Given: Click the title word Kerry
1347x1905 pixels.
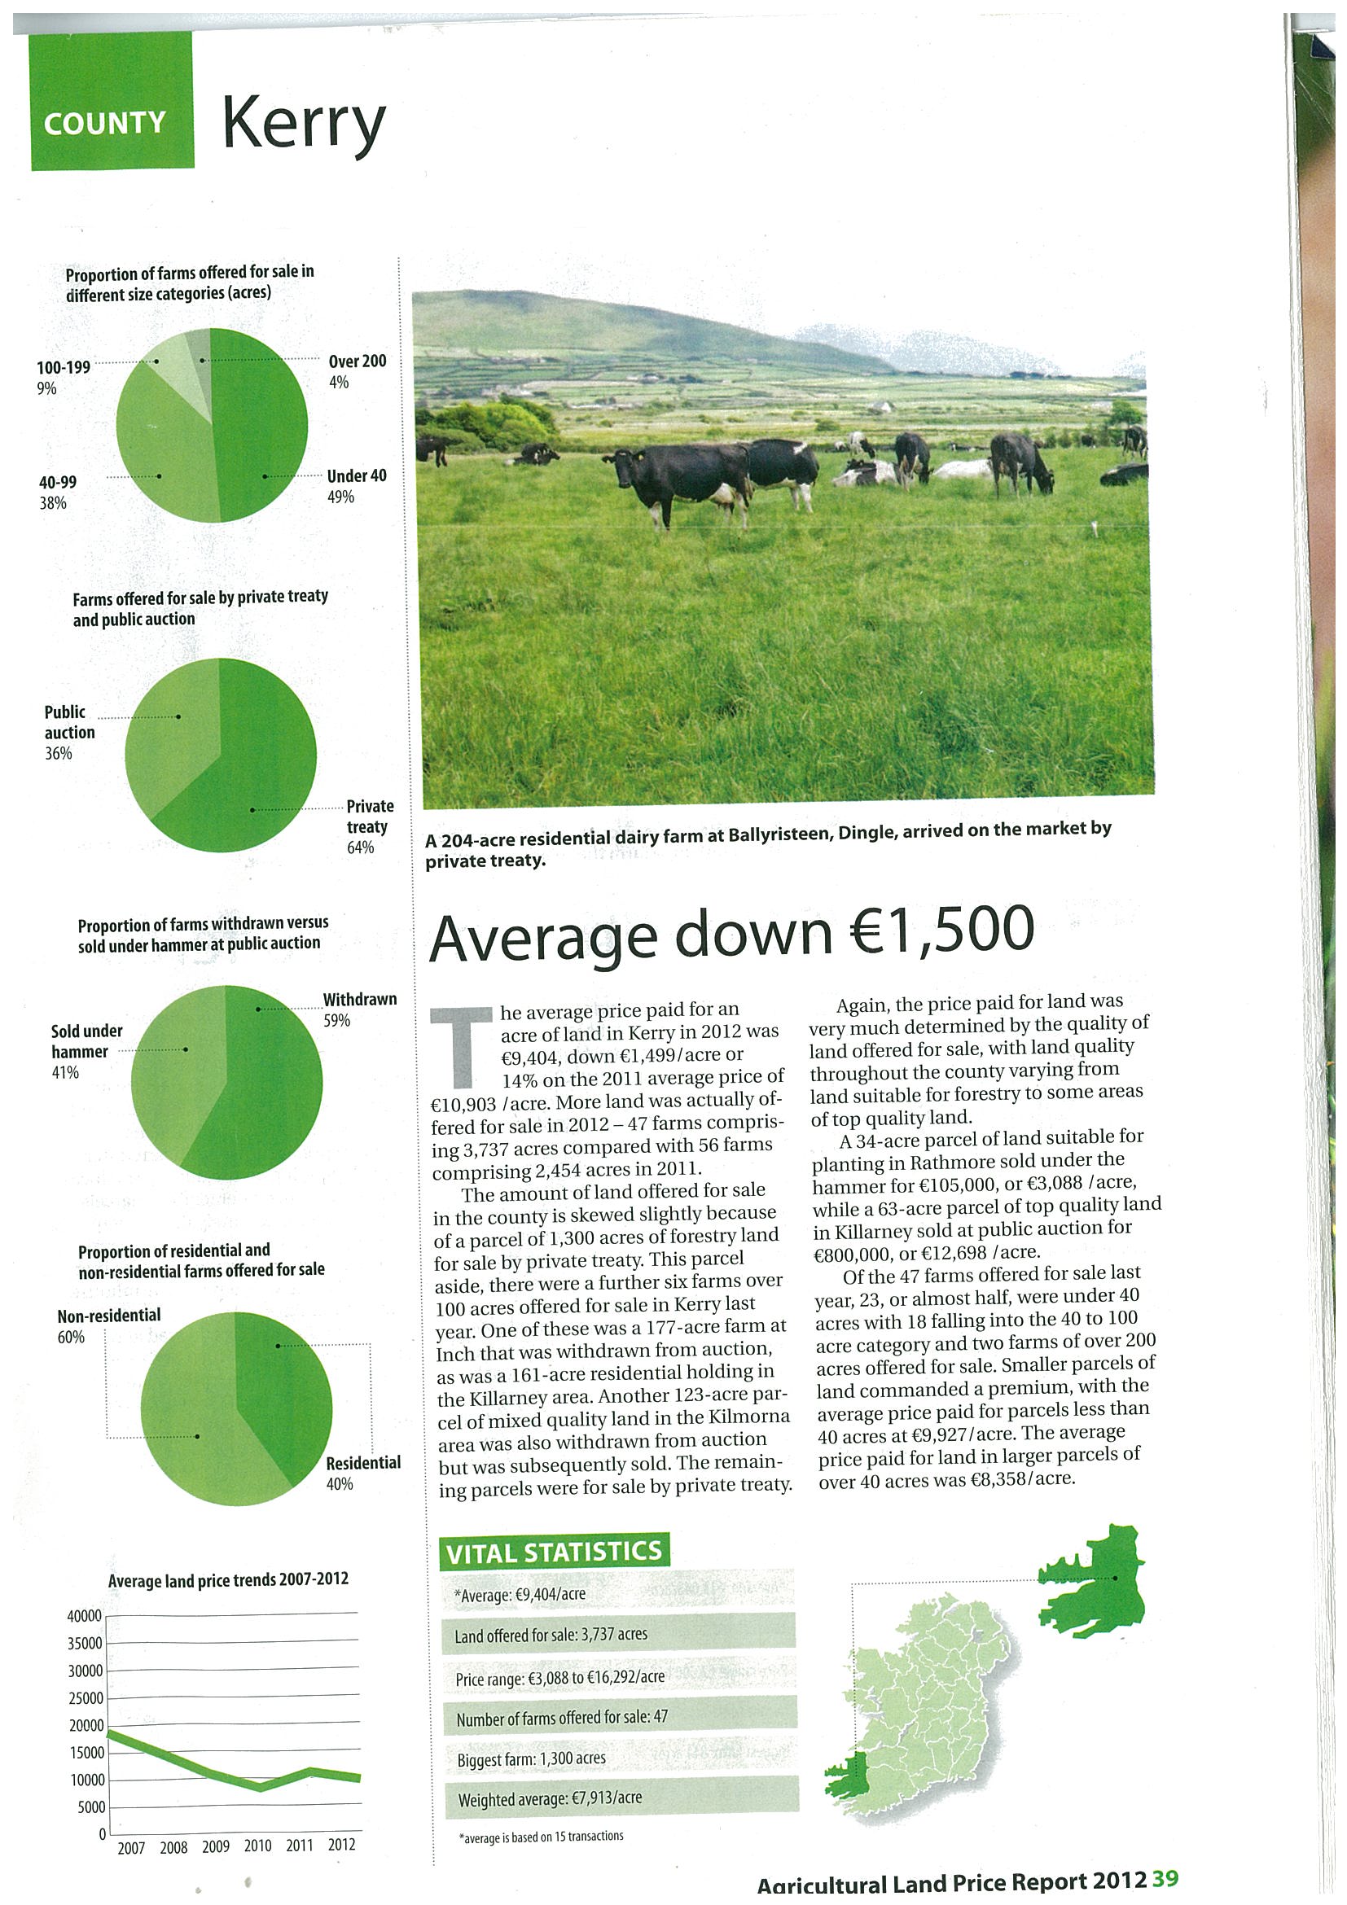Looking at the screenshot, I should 304,125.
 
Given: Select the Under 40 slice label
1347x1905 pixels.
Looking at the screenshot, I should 356,485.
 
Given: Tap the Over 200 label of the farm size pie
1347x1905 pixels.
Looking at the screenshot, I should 357,370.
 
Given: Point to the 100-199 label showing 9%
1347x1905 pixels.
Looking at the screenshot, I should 63,377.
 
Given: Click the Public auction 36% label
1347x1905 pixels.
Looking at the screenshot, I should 69,732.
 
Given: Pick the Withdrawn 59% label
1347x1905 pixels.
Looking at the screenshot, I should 359,1008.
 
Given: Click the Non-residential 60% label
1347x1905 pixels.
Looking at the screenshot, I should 107,1325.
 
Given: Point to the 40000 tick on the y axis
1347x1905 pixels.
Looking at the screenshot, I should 84,1615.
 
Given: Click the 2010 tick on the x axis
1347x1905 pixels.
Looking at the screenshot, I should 257,1846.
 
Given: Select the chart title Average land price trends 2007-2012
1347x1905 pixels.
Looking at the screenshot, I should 227,1579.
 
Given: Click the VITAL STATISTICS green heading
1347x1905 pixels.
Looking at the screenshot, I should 554,1552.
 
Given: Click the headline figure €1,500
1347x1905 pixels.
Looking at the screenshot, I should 941,932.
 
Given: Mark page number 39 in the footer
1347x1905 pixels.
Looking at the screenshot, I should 1165,1879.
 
